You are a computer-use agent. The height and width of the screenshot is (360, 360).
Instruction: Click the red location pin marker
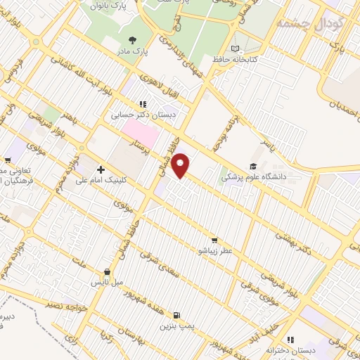[181, 165]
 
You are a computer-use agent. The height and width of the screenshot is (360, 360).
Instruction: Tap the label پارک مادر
[134, 51]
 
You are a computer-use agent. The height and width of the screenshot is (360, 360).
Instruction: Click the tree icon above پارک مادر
[134, 39]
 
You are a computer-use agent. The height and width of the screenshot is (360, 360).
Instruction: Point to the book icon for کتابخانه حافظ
[235, 49]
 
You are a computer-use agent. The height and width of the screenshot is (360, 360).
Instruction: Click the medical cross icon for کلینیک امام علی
[101, 169]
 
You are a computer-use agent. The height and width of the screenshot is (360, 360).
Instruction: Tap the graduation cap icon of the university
[252, 166]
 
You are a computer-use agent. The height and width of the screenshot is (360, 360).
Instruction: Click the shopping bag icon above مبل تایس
[107, 271]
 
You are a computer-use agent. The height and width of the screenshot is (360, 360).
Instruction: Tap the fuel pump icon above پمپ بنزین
[176, 315]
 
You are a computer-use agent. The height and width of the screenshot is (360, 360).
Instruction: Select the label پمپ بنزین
[176, 326]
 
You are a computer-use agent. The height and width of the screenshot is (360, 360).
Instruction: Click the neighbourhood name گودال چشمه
[309, 22]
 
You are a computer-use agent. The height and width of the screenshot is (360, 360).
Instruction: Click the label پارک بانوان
[108, 6]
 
